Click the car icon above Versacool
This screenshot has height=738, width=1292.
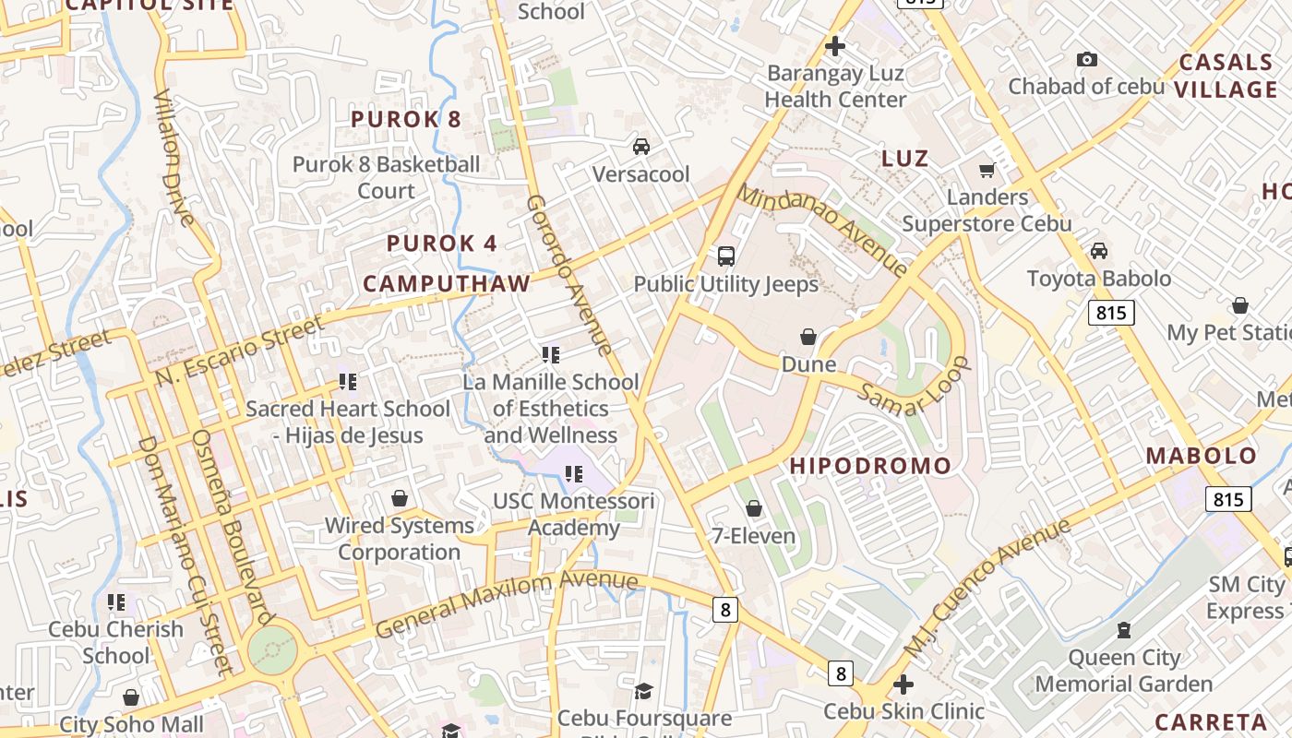(640, 146)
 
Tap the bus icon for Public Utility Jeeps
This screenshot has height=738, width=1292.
(726, 256)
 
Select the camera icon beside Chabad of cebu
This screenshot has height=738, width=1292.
(1087, 59)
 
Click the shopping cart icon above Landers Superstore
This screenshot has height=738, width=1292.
(987, 170)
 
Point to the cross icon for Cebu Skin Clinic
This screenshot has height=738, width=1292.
(903, 684)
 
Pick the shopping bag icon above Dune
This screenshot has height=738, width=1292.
(808, 337)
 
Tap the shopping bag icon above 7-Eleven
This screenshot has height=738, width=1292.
(754, 508)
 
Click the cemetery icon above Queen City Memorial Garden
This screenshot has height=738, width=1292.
(1123, 630)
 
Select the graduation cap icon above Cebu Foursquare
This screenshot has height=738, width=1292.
(643, 691)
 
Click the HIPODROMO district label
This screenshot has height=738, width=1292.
(870, 466)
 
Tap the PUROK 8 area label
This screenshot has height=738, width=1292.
(406, 119)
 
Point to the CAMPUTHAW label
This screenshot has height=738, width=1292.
(447, 283)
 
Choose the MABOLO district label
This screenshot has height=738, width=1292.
(1202, 456)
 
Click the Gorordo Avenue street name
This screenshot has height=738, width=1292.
(569, 274)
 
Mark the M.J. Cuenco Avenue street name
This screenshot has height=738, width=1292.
(987, 588)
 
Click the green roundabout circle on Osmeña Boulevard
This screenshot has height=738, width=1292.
(273, 650)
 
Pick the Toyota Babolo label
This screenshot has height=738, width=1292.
(1099, 279)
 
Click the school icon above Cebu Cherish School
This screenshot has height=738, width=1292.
(116, 602)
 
